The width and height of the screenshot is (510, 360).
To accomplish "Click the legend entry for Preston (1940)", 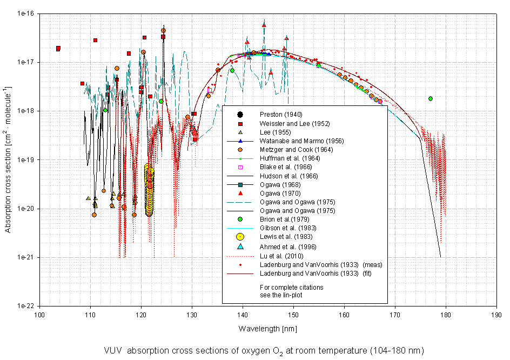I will point(280,114).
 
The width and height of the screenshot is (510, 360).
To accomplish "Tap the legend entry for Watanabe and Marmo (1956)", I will point(291,141).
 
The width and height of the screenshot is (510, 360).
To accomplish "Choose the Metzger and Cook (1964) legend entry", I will point(287,149).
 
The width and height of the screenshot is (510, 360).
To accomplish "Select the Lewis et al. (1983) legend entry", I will point(281,236).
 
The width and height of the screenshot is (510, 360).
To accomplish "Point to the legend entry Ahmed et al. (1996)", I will point(283,245).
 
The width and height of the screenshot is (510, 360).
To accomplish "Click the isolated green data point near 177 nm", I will point(431,98).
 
